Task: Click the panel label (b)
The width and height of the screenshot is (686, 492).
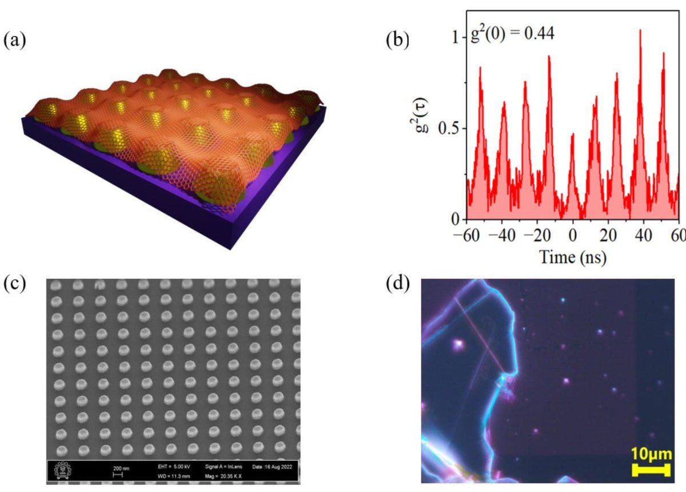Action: point(398,42)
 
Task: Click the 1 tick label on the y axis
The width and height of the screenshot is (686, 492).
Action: point(455,37)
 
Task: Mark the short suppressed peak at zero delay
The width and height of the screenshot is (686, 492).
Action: point(573,135)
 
